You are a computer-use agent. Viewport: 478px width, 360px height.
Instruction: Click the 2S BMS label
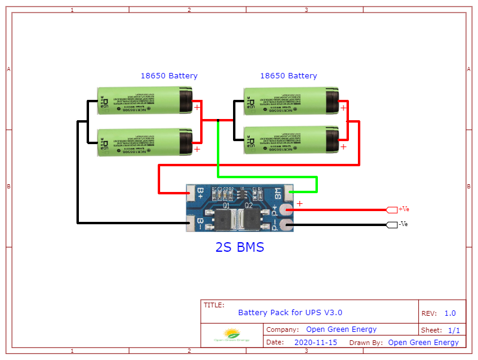point(239,247)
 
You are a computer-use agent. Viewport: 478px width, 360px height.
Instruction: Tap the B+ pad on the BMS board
point(192,193)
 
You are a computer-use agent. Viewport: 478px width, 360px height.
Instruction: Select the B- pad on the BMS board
point(192,224)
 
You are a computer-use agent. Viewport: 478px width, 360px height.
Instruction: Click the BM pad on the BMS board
point(286,193)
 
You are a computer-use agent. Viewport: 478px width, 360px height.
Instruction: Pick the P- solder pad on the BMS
point(286,225)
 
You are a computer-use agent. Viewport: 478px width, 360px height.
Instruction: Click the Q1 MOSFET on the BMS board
point(225,219)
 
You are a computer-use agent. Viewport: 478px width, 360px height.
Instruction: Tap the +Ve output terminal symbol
point(392,210)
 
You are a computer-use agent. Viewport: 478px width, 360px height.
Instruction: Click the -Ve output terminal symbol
point(392,225)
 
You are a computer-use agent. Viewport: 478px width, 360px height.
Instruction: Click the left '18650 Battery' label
point(169,76)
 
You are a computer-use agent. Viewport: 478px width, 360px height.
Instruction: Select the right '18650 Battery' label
point(289,76)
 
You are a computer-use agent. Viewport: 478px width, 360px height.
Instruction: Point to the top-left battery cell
point(145,101)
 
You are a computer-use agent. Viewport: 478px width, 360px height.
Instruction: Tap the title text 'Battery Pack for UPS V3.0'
point(290,312)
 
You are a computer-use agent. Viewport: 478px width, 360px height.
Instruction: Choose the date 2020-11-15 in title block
point(315,343)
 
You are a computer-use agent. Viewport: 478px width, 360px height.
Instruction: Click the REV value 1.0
point(450,313)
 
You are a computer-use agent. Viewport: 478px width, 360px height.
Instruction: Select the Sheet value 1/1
point(454,330)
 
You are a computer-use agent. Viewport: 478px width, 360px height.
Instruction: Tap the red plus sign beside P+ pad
point(300,204)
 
